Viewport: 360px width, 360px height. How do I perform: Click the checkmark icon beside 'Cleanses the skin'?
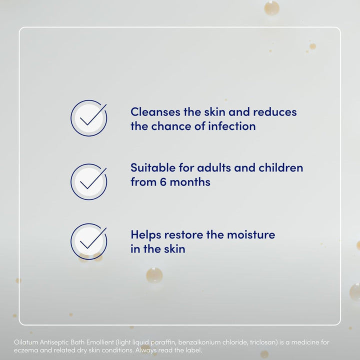pos(88,118)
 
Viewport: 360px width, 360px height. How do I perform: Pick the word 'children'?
pos(280,167)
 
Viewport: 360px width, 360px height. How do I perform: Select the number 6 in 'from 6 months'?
pos(162,182)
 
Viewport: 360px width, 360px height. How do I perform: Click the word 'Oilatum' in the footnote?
pos(26,342)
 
